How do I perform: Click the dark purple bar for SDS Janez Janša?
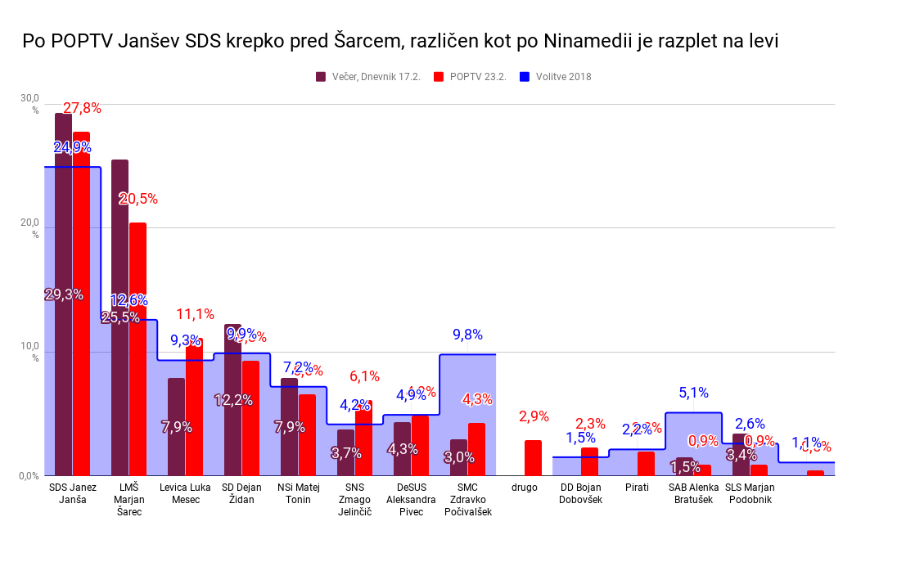tap(63, 294)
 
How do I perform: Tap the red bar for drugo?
tap(533, 458)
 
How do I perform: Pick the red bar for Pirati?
tap(646, 464)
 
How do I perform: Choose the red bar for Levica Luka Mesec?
tap(194, 409)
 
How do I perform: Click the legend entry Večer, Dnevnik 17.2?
tap(368, 77)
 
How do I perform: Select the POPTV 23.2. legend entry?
tap(470, 77)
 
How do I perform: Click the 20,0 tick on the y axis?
tap(29, 223)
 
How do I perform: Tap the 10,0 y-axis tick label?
tap(29, 347)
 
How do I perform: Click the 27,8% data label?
tap(82, 108)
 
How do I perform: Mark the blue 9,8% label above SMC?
tap(467, 335)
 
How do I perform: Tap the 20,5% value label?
tap(138, 199)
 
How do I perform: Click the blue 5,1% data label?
tap(693, 393)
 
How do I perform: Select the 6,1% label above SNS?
tap(364, 376)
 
